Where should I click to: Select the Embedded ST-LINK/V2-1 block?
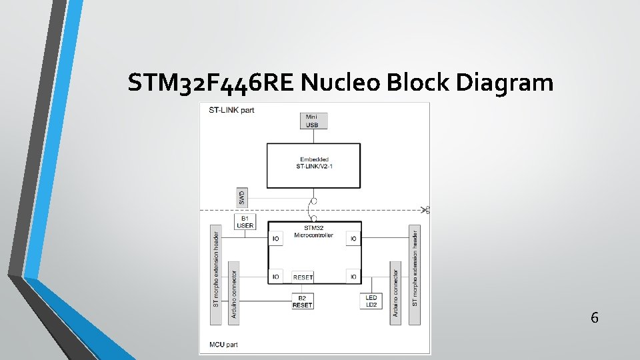(x=314, y=165)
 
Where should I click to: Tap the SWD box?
(x=241, y=197)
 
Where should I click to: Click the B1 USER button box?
(x=245, y=221)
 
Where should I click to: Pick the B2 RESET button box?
(x=302, y=301)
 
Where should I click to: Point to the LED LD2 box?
(x=371, y=301)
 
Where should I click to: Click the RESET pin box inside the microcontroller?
(x=303, y=277)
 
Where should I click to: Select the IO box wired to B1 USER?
(x=276, y=238)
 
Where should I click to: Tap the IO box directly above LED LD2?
(x=353, y=276)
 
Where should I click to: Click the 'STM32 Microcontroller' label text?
(x=314, y=233)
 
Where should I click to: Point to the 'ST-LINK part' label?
(x=231, y=109)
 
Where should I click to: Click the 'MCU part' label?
(x=223, y=345)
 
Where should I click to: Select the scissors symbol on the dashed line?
(x=426, y=211)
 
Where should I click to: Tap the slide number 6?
(x=594, y=318)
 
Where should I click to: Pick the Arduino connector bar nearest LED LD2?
(x=395, y=293)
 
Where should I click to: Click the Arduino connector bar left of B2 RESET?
(x=233, y=293)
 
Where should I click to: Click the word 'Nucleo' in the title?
(x=340, y=83)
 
